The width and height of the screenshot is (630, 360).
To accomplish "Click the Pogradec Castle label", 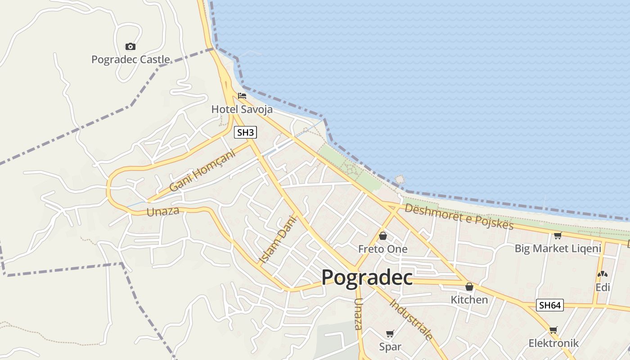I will click(x=130, y=59).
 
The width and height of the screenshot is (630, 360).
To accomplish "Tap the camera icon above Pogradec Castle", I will click(x=130, y=46).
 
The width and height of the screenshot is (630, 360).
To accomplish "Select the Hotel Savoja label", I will click(x=242, y=109).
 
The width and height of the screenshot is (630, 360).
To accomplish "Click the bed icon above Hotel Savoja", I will click(x=242, y=96).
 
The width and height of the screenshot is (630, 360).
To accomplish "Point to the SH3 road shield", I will click(x=246, y=132).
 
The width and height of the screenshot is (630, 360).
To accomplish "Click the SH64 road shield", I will click(x=550, y=305).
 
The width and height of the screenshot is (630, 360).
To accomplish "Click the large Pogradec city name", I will click(x=367, y=277).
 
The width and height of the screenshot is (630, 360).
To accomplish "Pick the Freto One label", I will click(x=382, y=249).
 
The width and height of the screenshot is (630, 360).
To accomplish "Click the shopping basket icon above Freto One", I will click(x=383, y=235).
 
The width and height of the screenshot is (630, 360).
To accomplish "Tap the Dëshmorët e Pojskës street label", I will click(x=459, y=216).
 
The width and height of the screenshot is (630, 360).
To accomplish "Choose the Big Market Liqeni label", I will click(x=558, y=248).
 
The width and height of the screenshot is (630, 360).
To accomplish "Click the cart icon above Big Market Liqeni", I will click(x=558, y=235).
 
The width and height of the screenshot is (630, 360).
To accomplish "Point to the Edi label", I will click(x=603, y=287).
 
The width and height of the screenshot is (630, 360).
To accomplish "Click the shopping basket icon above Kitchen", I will click(x=469, y=286).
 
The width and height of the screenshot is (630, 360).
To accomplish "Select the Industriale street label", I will click(x=411, y=319).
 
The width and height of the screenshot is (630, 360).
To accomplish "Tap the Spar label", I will click(x=390, y=347).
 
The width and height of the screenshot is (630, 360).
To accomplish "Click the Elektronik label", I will click(x=553, y=343).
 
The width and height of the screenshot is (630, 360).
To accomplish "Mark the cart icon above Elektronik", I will click(x=553, y=330).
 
